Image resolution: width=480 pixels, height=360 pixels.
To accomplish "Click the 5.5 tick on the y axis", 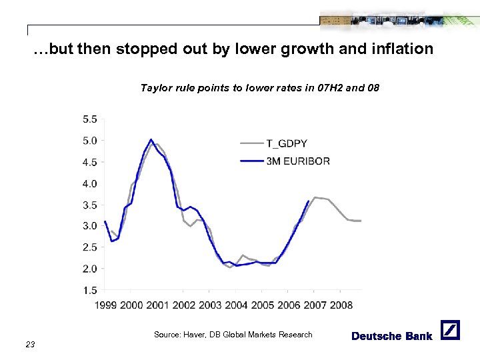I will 89,119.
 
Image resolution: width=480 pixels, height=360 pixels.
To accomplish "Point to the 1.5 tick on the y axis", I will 89,290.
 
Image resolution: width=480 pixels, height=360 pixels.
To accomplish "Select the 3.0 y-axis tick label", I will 89,226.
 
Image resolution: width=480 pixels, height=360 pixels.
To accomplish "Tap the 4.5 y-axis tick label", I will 89,162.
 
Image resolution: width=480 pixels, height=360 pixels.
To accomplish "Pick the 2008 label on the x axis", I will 340,305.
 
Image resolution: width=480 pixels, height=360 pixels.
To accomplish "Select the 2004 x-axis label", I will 236,305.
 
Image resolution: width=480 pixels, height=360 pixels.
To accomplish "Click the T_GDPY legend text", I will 287,143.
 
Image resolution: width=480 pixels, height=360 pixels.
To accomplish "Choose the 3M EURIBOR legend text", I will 297,161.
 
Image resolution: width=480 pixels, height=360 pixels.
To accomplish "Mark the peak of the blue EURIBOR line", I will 151,139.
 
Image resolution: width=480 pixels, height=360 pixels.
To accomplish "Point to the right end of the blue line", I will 308,201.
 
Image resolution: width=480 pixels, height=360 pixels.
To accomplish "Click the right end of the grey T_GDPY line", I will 360,221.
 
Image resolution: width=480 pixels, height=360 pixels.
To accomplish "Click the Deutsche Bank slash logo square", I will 450,330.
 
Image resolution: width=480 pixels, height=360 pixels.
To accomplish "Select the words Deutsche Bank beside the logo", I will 392,336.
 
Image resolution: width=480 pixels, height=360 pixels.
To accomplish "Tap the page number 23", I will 30,344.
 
